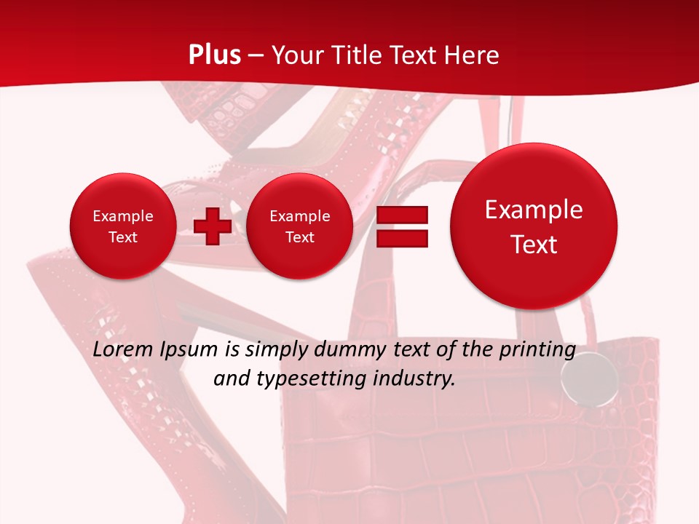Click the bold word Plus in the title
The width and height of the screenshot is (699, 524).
[214, 55]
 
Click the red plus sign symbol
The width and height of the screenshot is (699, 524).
[213, 226]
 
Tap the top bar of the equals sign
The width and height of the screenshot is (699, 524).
[401, 215]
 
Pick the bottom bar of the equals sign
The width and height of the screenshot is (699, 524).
[401, 239]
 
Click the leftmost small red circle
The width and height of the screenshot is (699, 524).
[123, 226]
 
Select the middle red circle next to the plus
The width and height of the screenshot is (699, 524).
[299, 226]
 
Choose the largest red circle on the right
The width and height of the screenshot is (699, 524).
[534, 226]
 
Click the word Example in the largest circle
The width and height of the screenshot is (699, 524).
[534, 210]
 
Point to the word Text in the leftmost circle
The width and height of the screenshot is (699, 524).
[123, 237]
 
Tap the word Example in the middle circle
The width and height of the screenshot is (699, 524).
[299, 216]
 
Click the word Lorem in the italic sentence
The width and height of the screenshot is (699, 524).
[120, 350]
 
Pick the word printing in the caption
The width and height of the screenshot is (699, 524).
[537, 350]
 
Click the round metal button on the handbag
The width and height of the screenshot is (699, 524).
[579, 377]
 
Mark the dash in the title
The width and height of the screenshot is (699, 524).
[256, 55]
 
